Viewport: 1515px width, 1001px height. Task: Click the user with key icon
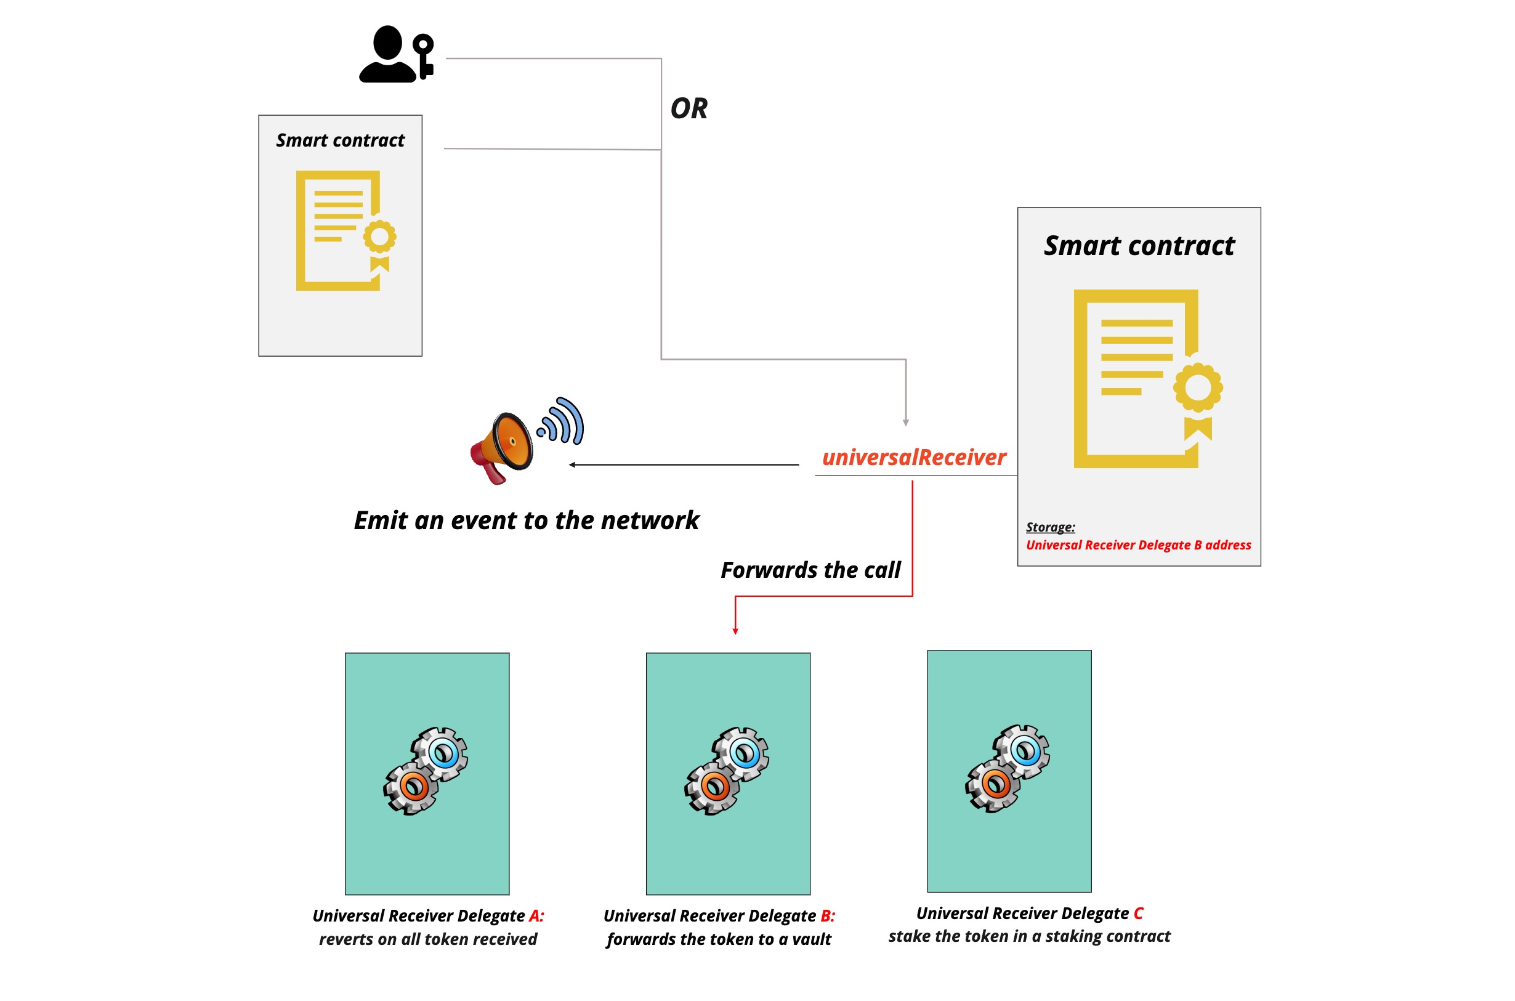pos(395,54)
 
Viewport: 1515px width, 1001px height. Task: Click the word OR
pos(689,108)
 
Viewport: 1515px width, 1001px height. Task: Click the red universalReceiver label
pos(913,457)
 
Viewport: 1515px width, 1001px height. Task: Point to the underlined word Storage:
pos(1050,527)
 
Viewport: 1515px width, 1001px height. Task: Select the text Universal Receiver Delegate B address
pos(1138,545)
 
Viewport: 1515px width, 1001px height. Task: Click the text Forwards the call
pos(810,569)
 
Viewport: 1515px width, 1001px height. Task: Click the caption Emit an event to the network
pos(526,521)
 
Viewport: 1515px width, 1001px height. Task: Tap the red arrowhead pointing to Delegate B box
pos(735,631)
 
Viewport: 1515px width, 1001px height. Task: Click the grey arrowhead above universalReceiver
pos(905,423)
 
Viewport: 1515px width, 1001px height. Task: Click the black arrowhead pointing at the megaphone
pos(572,464)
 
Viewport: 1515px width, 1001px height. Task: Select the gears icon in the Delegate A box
pos(426,771)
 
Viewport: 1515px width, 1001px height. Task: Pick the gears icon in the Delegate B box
pos(727,771)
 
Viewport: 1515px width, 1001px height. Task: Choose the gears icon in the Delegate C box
pos(1008,768)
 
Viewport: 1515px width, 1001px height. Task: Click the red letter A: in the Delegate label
pos(536,915)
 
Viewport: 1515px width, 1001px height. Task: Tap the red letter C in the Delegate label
pos(1138,913)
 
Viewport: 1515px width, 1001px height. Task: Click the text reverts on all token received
pos(427,939)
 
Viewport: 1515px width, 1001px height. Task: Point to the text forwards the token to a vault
pos(719,939)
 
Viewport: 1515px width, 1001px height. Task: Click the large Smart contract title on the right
pos(1139,246)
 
